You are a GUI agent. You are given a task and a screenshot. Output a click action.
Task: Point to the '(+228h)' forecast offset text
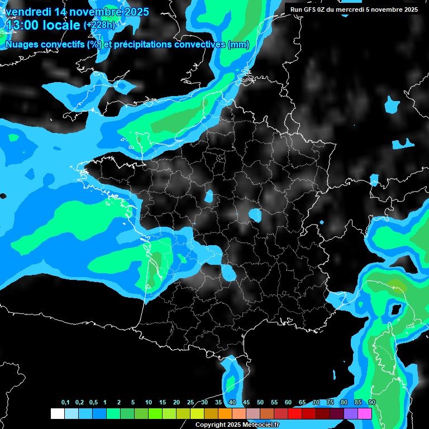(99, 25)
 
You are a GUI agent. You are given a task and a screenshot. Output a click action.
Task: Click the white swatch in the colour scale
(57, 413)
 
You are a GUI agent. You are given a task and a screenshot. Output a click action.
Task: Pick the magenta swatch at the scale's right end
(365, 413)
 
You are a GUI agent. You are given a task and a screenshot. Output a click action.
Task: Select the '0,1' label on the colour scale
(65, 403)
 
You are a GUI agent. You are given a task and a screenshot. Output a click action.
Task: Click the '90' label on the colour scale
(371, 403)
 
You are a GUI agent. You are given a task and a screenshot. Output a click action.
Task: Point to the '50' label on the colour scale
(260, 403)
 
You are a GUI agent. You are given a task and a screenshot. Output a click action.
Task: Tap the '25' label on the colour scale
(190, 403)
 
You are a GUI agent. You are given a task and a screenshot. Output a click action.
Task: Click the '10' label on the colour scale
(148, 403)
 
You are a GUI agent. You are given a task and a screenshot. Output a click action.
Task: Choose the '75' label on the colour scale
(330, 403)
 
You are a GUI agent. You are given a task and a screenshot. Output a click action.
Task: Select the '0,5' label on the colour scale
(93, 403)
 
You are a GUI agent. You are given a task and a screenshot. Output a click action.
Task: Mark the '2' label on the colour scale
(120, 403)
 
